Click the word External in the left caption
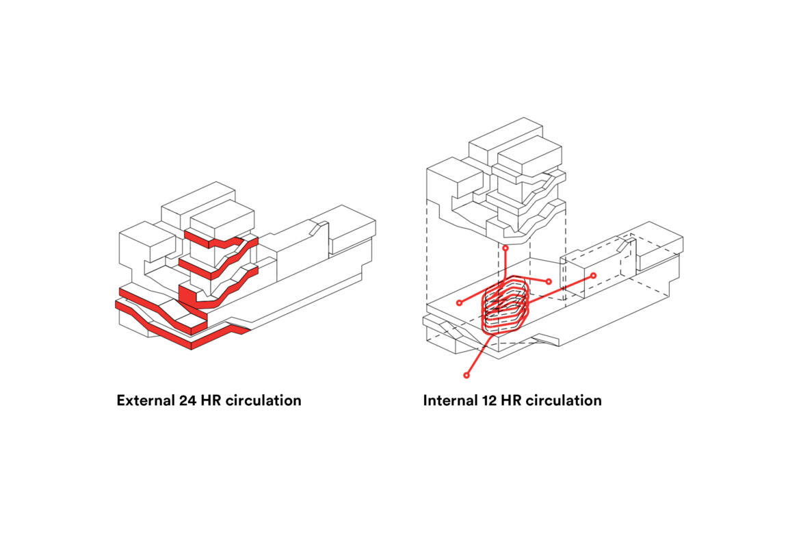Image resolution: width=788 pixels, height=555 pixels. (144, 400)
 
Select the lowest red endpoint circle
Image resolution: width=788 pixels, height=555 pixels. (467, 375)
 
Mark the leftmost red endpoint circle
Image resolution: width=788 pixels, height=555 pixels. (459, 302)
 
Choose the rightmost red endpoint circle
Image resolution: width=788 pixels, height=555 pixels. (593, 275)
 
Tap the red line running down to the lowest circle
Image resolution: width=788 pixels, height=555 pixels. (477, 355)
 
